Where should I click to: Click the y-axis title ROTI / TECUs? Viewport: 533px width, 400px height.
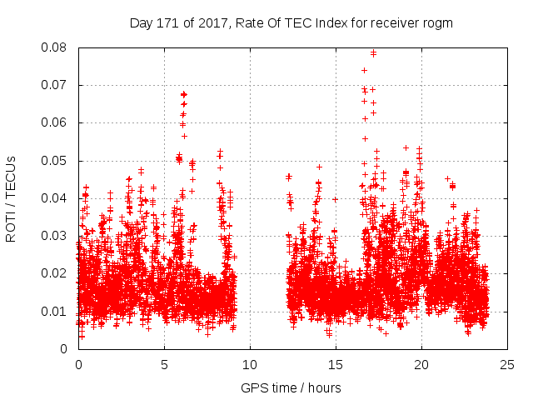pos(12,197)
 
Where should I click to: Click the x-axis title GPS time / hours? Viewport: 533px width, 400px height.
pos(291,388)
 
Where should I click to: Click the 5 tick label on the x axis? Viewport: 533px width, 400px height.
pos(164,365)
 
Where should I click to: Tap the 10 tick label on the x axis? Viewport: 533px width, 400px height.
pos(250,365)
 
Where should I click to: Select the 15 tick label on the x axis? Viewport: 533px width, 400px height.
pos(336,365)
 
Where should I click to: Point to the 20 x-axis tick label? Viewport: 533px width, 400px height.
pos(421,365)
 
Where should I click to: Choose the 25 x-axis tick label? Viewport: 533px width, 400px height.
pos(507,365)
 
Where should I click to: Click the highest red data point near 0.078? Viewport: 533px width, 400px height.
pos(373,53)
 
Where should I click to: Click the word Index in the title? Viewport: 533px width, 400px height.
pos(329,23)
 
